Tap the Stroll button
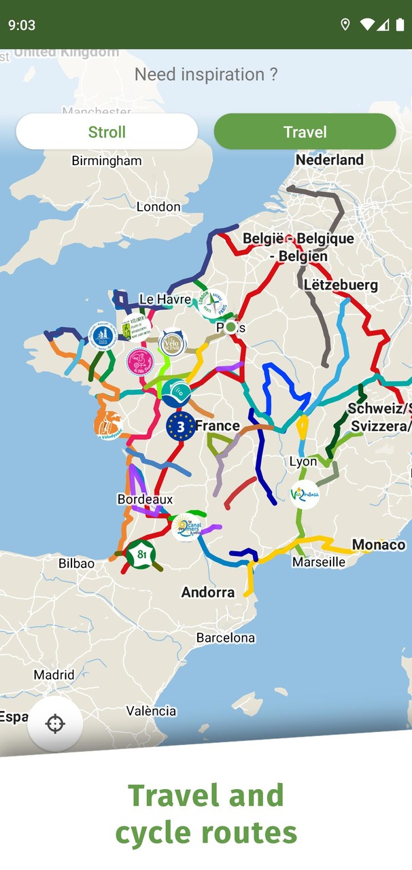pos(107,131)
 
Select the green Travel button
pos(305,131)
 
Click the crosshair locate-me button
pos(55,723)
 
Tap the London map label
pos(158,207)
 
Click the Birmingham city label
pos(107,161)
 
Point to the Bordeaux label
pos(145,499)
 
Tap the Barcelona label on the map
pos(226,638)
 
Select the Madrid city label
pos(54,675)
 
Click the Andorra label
pos(208,592)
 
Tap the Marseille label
pos(319,562)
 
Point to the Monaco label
pos(379,544)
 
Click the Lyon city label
pos(303,462)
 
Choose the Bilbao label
pos(76,563)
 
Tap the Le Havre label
pos(165,299)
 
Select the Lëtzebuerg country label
pos(341,285)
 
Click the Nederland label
pos(330,160)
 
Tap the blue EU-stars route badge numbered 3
pos(180,426)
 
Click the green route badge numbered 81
pos(141,555)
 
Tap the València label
pos(151,711)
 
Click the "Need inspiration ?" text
pos(206,74)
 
